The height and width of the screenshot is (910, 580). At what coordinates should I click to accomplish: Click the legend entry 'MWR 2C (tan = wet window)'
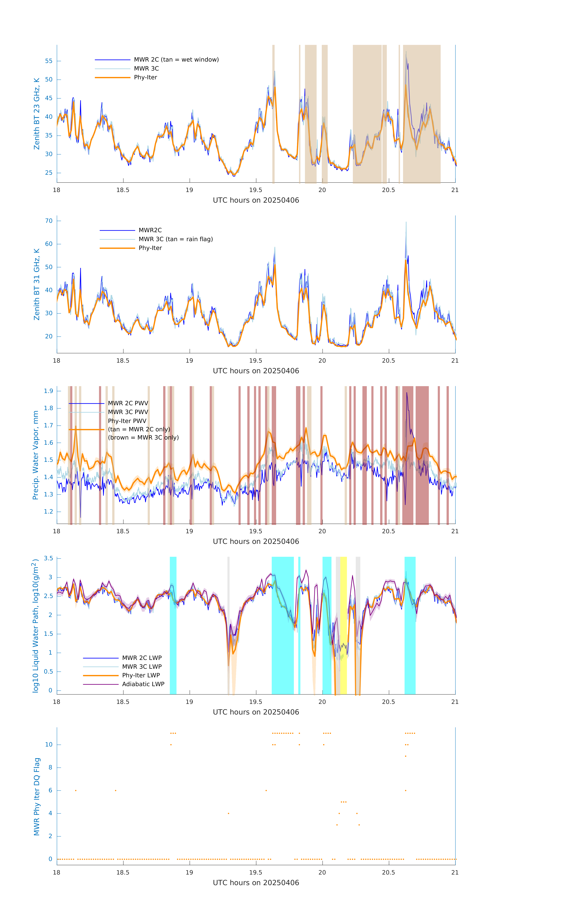click(176, 60)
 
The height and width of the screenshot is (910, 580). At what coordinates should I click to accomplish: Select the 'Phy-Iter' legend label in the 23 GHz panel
click(145, 78)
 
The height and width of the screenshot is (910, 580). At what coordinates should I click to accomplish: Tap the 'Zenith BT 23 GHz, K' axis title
click(37, 114)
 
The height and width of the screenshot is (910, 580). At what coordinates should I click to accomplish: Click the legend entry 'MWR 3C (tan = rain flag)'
click(176, 239)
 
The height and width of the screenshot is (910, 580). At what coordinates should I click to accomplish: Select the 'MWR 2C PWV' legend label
click(128, 403)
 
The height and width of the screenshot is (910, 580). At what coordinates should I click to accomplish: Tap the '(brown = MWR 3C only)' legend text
click(143, 438)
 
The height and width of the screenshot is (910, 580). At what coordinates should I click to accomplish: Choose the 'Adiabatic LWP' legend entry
click(143, 684)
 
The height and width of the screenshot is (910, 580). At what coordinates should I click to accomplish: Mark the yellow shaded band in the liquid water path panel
click(343, 625)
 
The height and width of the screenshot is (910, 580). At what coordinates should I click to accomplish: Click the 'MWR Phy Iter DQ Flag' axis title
click(37, 796)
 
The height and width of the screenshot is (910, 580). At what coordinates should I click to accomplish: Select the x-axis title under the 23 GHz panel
click(256, 200)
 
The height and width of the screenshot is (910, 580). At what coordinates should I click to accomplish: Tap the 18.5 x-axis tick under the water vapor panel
click(123, 531)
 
